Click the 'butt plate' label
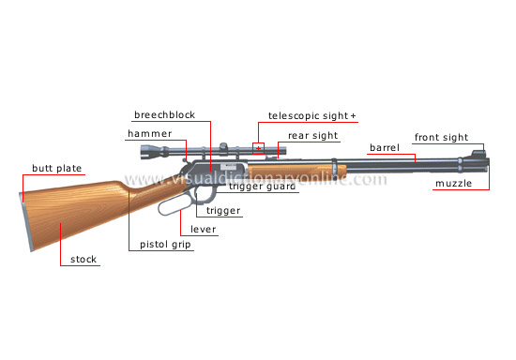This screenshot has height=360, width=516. click(x=57, y=169)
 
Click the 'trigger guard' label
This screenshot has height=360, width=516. click(x=262, y=187)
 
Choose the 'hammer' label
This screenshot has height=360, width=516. click(x=148, y=134)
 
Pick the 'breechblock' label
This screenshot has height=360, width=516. click(x=164, y=115)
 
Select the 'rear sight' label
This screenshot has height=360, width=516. click(x=312, y=135)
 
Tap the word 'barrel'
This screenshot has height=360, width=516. click(x=385, y=147)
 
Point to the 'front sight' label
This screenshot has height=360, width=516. click(x=441, y=138)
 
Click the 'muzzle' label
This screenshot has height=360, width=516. click(x=452, y=184)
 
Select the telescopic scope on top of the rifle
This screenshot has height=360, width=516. click(x=202, y=151)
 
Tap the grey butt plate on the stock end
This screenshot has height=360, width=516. click(x=25, y=221)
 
